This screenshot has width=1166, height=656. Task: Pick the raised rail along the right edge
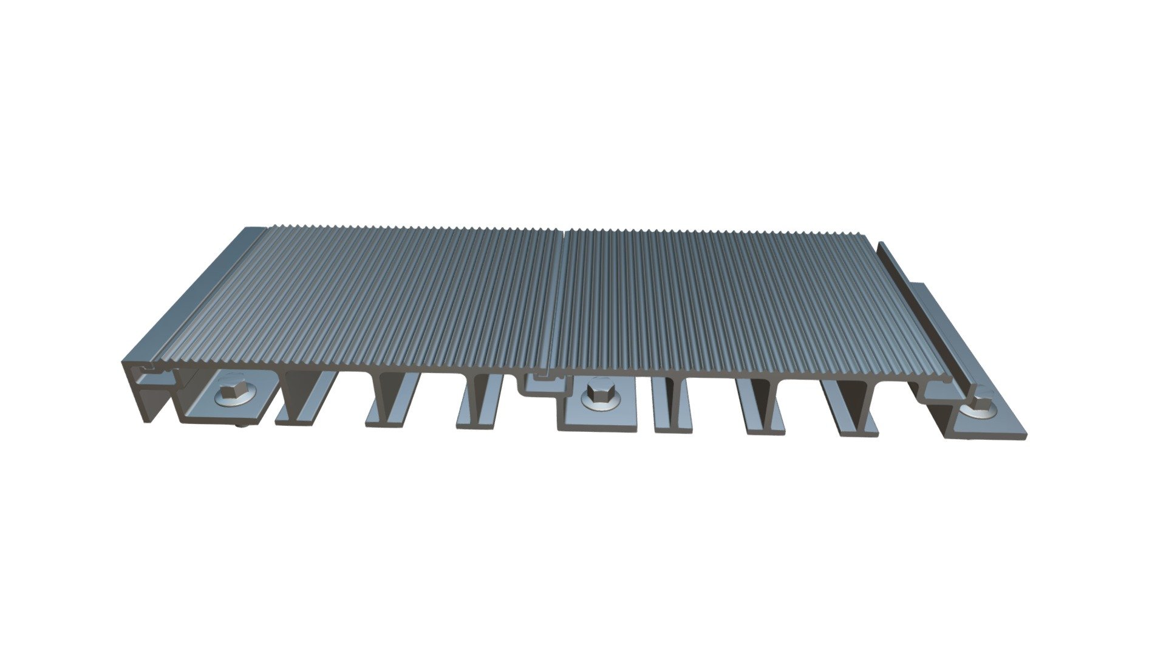point(923,316)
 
